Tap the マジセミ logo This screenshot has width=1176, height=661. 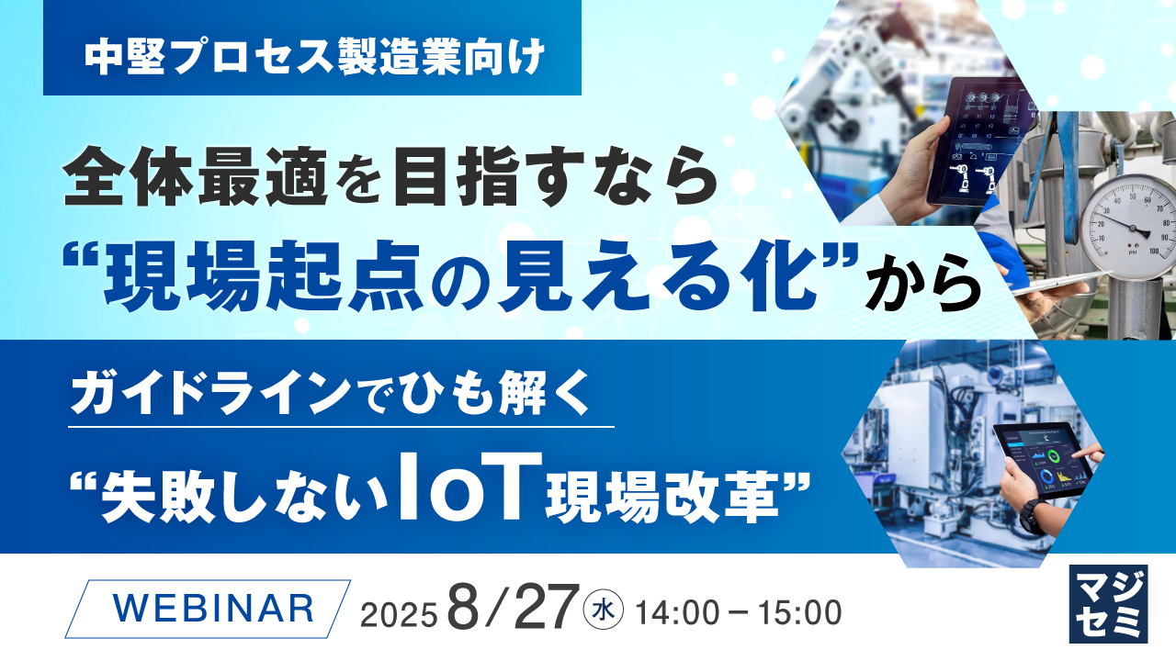pyautogui.click(x=1108, y=602)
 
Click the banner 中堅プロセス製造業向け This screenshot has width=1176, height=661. pyautogui.click(x=312, y=60)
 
